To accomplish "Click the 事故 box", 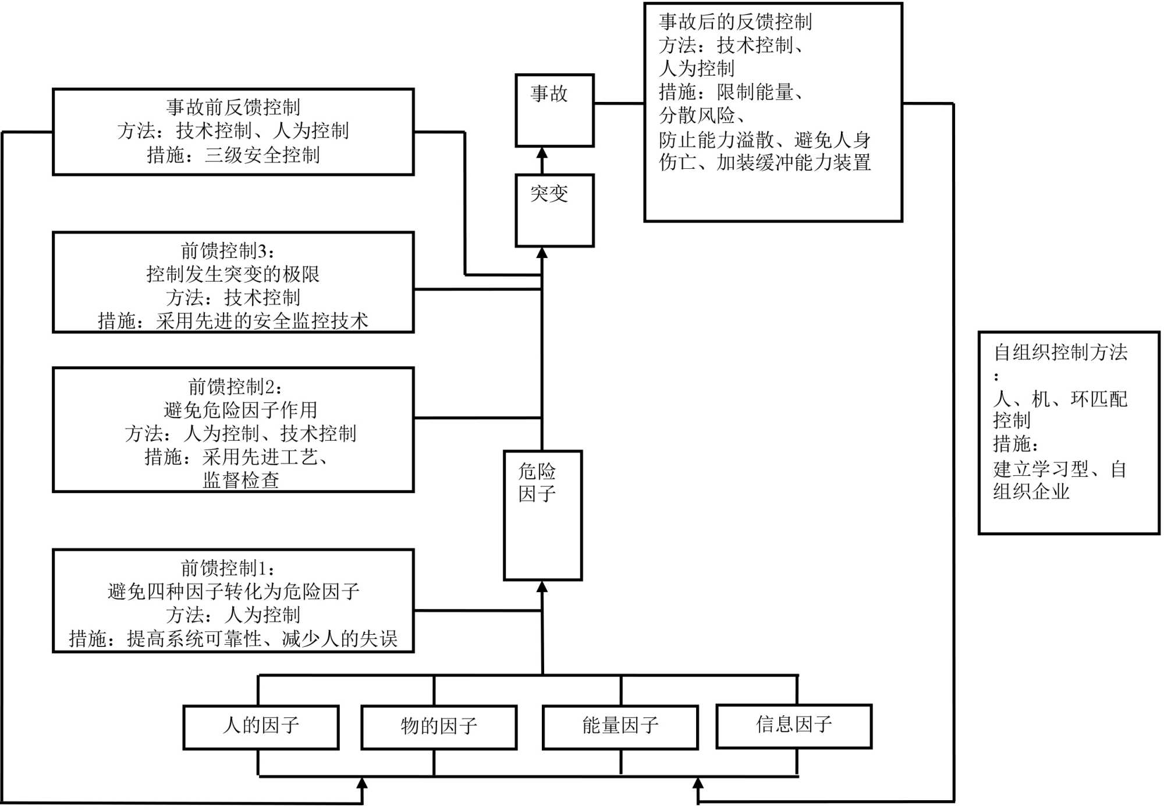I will tap(554, 110).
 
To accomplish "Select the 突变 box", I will tap(554, 210).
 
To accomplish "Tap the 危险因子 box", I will tap(542, 515).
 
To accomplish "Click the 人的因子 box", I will tap(261, 727).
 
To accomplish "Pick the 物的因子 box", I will tap(439, 727).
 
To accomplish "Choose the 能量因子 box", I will tap(620, 727).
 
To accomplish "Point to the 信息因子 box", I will tap(794, 726).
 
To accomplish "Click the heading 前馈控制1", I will tap(228, 568).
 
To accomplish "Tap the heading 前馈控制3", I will tap(228, 251).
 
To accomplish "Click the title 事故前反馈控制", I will tap(233, 107).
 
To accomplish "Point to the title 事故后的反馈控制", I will tap(735, 22).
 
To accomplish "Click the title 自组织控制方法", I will tap(1060, 352).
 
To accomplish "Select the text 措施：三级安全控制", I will tap(233, 155).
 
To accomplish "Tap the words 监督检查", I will tap(240, 480).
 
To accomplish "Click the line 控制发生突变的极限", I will tap(233, 274).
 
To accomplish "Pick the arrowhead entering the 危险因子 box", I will tap(542, 587).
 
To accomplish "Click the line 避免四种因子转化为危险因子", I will tap(233, 592).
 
